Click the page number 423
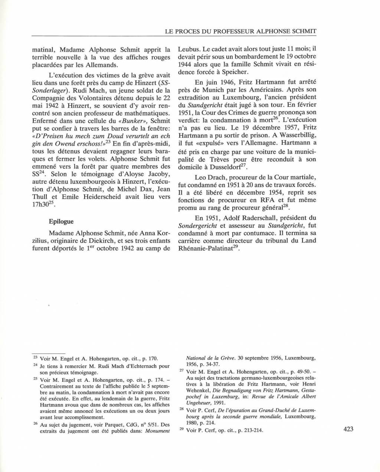(x=348, y=429)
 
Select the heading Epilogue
(x=61, y=221)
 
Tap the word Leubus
(x=190, y=49)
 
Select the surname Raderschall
(x=251, y=218)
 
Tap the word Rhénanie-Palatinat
(x=204, y=249)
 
